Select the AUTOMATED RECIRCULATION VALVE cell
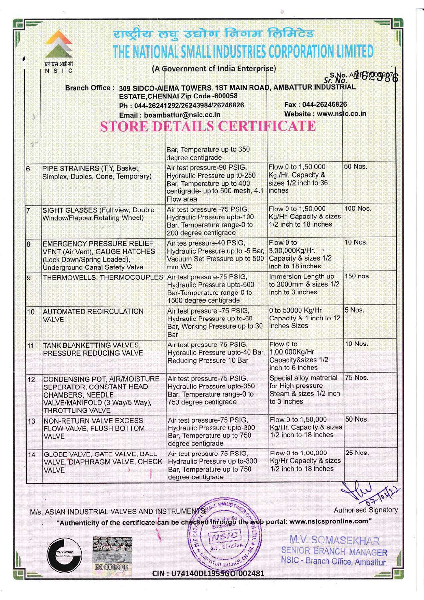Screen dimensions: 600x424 pos(93,315)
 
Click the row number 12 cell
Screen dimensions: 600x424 pos(31,380)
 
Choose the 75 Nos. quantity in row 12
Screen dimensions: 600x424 pos(356,378)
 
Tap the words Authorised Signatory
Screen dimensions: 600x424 pos(366,510)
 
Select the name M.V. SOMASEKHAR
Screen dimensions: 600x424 pos(334,541)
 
